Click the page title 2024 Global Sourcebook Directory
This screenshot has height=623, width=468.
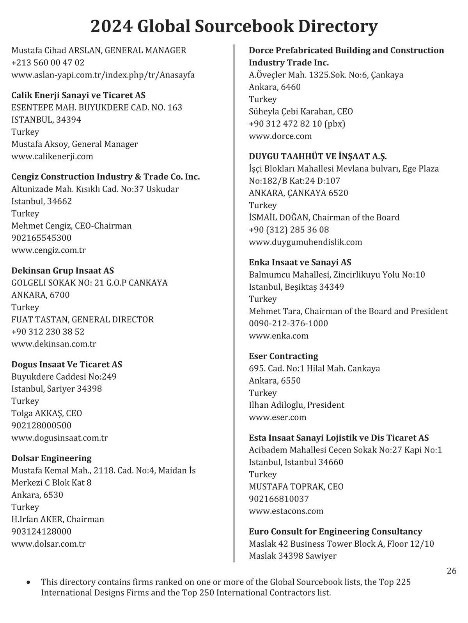[x=234, y=26]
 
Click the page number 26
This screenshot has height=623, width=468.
[x=451, y=571]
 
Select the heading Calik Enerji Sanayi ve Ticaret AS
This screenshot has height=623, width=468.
[x=78, y=95]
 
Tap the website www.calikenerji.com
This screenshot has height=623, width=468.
[x=52, y=157]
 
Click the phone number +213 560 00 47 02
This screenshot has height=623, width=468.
[x=48, y=63]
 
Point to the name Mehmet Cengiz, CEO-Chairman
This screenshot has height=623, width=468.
[x=71, y=226]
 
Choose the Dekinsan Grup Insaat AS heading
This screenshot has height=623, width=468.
[x=63, y=271]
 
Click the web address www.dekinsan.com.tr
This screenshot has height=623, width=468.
[x=54, y=344]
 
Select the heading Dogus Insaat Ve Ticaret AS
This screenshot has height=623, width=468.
[x=67, y=364]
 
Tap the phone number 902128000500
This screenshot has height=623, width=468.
[x=41, y=426]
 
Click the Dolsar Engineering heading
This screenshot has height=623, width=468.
[x=51, y=458]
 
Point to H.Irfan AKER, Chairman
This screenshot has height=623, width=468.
[x=58, y=519]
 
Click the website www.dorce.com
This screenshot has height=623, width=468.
[x=280, y=136]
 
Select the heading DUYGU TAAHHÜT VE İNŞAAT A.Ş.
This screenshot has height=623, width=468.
[x=318, y=157]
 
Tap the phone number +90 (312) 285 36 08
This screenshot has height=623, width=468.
[x=289, y=230]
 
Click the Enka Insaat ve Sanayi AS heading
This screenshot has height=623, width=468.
[x=300, y=262]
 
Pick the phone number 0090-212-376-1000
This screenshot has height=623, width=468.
[x=289, y=324]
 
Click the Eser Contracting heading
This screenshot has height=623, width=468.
[x=284, y=356]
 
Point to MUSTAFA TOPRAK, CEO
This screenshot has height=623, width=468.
[x=296, y=487]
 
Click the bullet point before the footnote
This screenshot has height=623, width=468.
[x=28, y=583]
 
